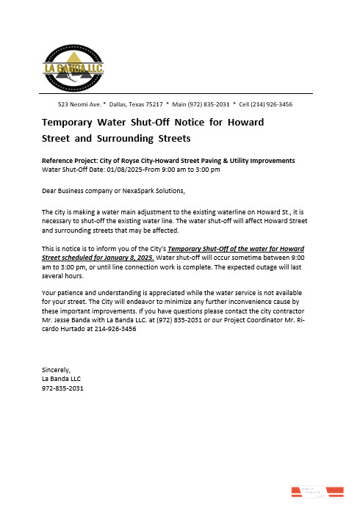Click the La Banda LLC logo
74,66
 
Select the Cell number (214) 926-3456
270,104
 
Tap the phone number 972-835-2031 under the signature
62,388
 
